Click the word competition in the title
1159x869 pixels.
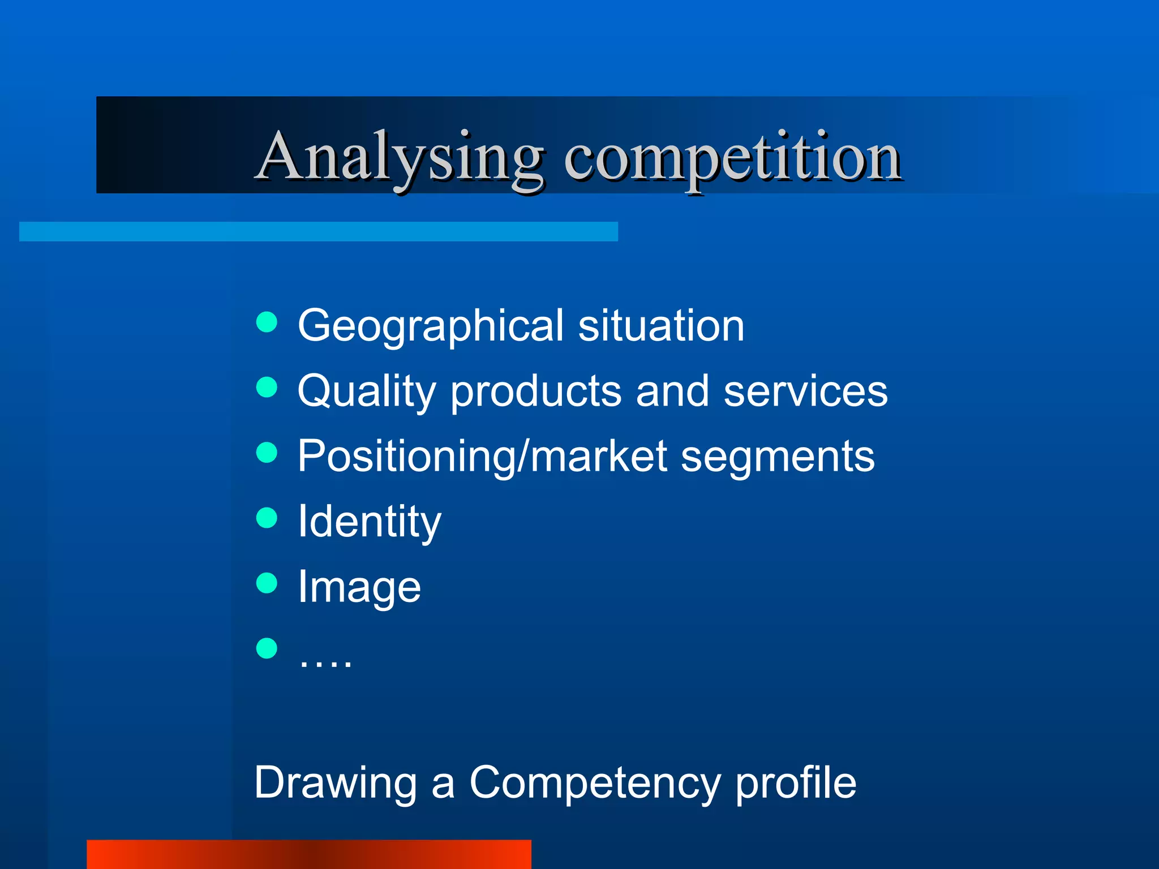pyautogui.click(x=732, y=158)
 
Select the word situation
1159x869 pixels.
pyautogui.click(x=661, y=326)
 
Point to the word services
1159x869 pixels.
pyautogui.click(x=806, y=392)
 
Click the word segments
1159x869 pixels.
pyautogui.click(x=778, y=457)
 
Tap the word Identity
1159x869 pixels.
pyautogui.click(x=369, y=522)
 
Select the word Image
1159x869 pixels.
pyautogui.click(x=359, y=587)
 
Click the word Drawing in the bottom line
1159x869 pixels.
pyautogui.click(x=336, y=783)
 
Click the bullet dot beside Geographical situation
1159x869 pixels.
pyautogui.click(x=267, y=322)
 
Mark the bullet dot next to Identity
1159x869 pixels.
pyautogui.click(x=267, y=518)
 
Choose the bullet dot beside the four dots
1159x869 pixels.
pyautogui.click(x=267, y=648)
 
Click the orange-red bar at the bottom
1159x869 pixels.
pyautogui.click(x=309, y=854)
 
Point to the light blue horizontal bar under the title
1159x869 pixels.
pyautogui.click(x=319, y=231)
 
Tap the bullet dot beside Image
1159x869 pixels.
pyautogui.click(x=267, y=583)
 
